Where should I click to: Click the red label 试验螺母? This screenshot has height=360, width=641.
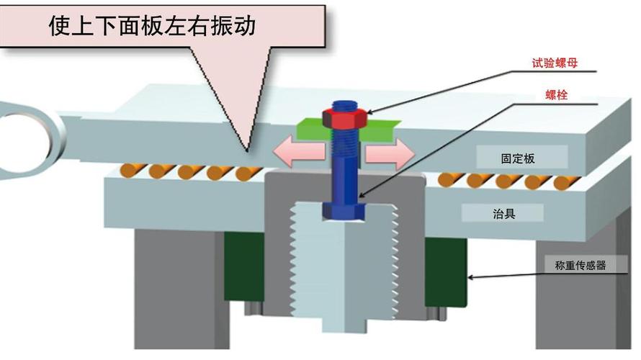[x=555, y=63]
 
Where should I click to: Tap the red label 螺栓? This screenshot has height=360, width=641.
[x=557, y=95]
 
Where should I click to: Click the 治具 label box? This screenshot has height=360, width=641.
[x=503, y=213]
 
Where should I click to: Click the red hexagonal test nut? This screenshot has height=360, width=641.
[x=344, y=118]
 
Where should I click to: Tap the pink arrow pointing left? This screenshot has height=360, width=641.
[x=299, y=152]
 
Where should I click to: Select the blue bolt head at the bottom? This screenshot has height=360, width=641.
[x=344, y=211]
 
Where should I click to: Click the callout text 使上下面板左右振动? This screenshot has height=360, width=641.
[x=153, y=25]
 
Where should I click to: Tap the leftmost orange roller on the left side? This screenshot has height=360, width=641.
[x=131, y=171]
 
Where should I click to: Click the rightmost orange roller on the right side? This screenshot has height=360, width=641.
[x=567, y=181]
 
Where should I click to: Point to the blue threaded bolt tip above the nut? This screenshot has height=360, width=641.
[x=345, y=106]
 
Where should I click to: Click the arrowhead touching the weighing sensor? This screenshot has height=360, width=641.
[x=470, y=277]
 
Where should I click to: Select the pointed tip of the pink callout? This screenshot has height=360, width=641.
[x=247, y=150]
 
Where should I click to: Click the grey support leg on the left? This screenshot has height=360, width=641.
[x=180, y=289]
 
